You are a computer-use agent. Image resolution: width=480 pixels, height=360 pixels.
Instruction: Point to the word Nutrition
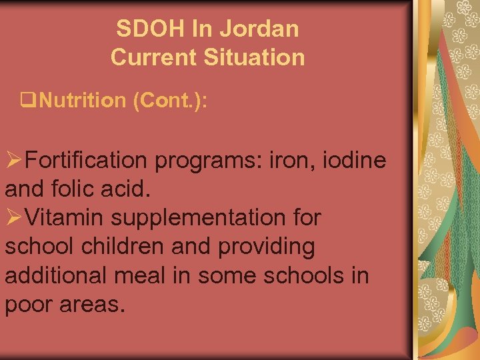[83, 101]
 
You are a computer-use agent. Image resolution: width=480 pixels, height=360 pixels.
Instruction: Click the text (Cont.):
[169, 101]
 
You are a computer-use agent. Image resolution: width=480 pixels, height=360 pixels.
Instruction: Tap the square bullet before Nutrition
[27, 101]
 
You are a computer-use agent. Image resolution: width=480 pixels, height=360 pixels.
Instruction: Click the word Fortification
[91, 161]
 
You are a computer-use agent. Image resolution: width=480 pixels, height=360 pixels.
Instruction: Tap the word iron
[288, 161]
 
